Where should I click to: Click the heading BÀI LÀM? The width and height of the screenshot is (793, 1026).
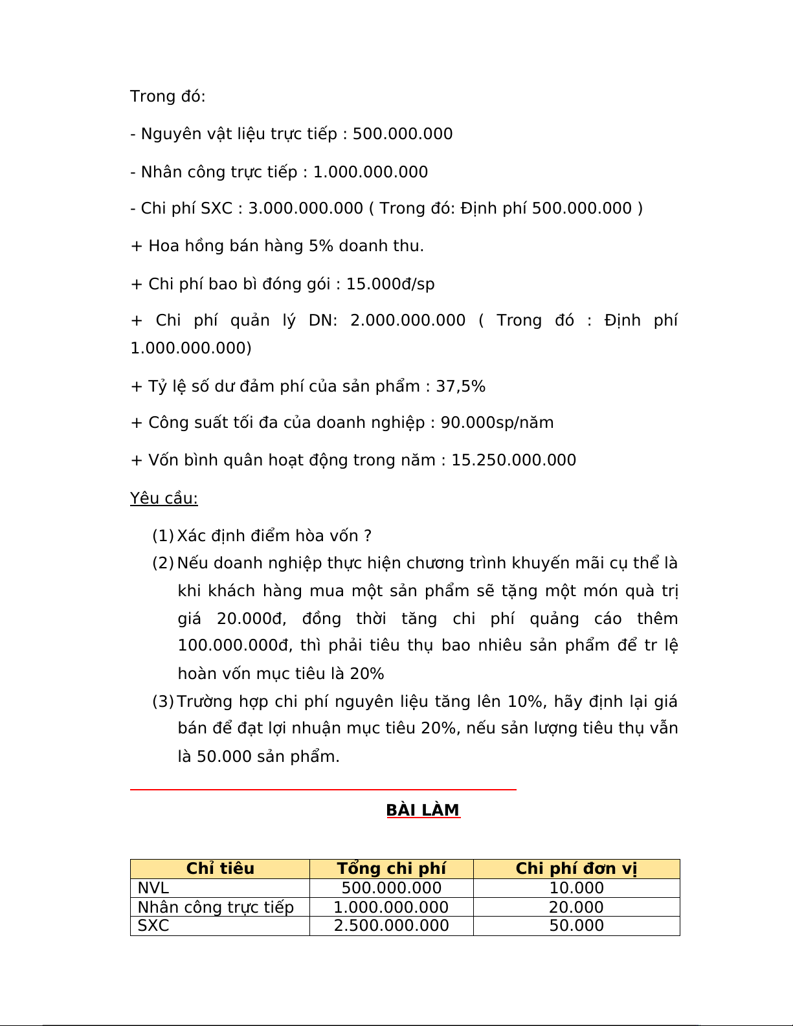[x=423, y=810]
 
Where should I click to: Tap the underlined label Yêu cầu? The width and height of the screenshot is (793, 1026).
[x=164, y=498]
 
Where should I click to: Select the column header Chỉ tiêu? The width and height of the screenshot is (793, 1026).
[x=220, y=869]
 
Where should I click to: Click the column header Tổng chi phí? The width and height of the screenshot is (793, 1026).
[x=391, y=869]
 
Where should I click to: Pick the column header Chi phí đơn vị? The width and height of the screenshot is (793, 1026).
[x=576, y=869]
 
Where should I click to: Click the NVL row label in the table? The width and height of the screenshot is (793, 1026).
[x=153, y=888]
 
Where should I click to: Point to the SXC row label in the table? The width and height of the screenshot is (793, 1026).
[x=153, y=926]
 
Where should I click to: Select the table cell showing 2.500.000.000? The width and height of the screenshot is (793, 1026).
[x=391, y=926]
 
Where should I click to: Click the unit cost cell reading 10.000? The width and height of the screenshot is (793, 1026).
[x=576, y=888]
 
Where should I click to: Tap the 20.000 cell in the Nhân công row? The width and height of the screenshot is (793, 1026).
[x=576, y=908]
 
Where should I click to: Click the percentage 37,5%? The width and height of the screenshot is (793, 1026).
[x=460, y=386]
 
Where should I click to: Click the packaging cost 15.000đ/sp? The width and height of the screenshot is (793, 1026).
[x=390, y=284]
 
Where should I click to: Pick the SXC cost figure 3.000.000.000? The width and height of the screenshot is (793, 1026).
[x=306, y=208]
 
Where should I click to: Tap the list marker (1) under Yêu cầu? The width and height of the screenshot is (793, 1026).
[x=163, y=536]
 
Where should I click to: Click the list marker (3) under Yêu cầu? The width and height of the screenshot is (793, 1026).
[x=163, y=702]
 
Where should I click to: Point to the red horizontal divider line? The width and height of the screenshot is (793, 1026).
[x=323, y=790]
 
